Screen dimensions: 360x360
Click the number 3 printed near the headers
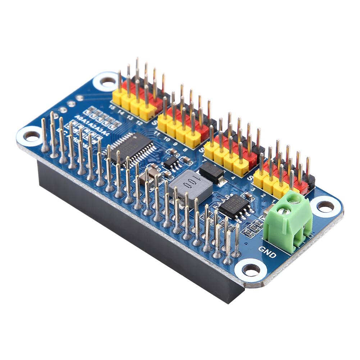point(254,189)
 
